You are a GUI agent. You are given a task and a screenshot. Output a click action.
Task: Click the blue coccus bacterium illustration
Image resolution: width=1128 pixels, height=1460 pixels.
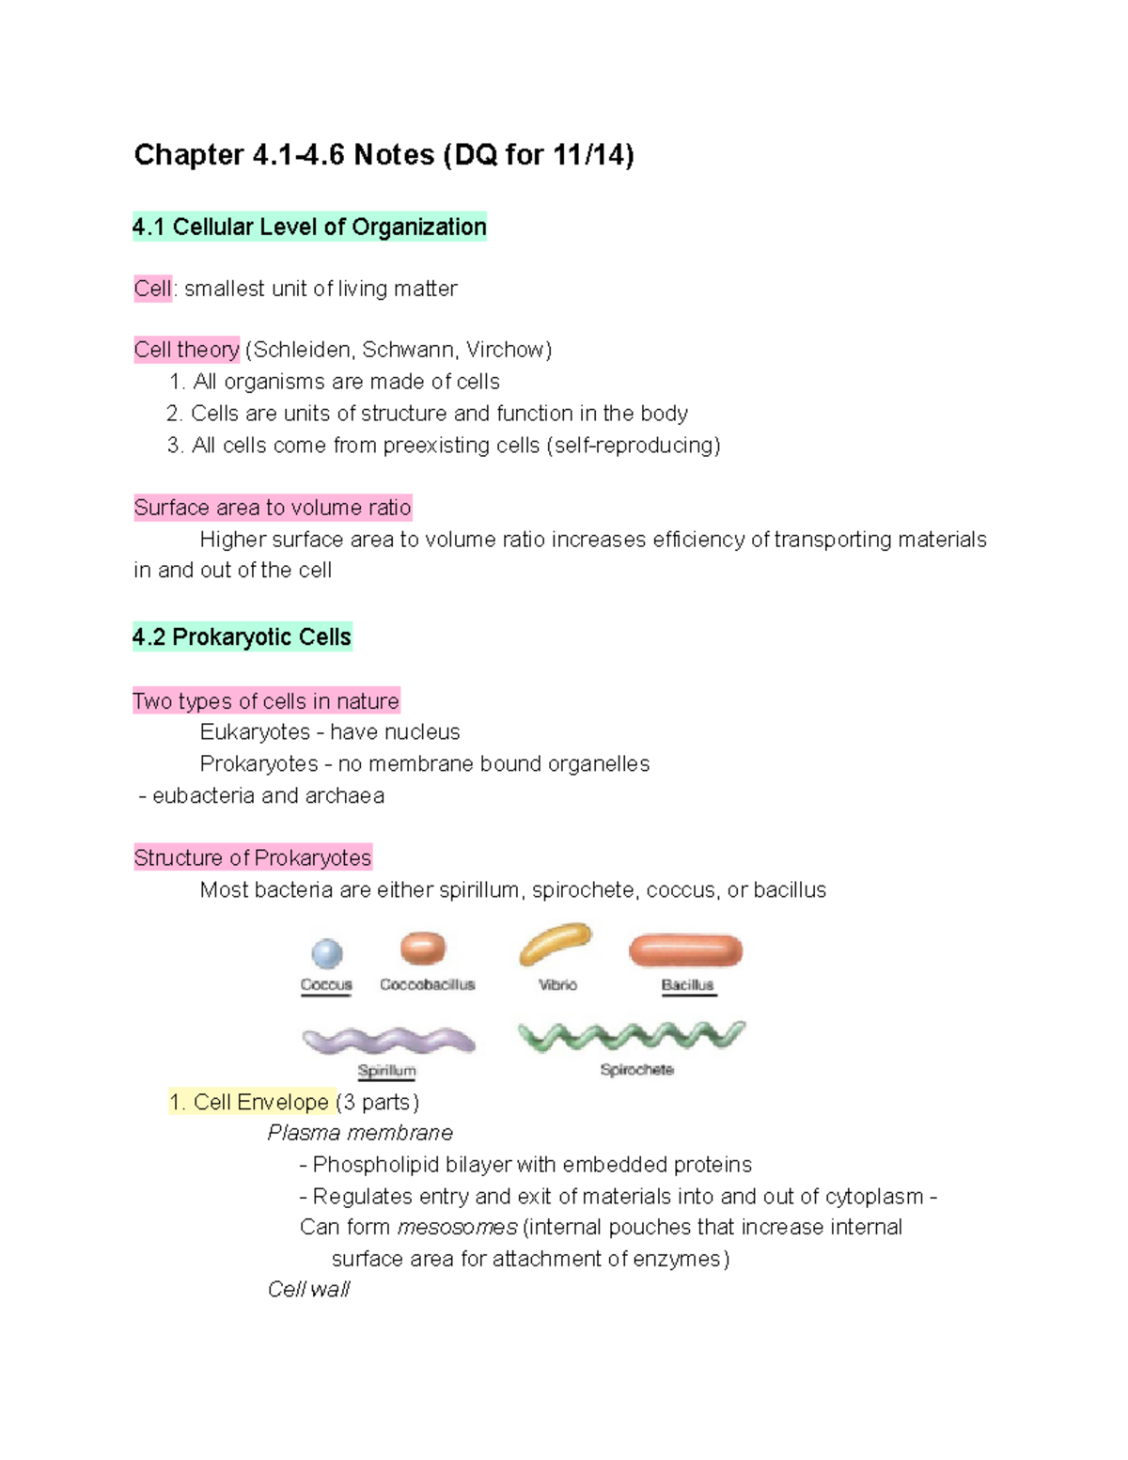click(x=327, y=953)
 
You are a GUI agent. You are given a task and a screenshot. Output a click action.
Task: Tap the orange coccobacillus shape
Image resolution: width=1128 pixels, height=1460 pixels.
click(x=423, y=948)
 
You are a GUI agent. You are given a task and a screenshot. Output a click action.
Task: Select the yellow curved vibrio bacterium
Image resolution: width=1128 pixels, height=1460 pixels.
click(x=555, y=944)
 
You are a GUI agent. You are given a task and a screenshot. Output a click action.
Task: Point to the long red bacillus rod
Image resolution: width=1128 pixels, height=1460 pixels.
click(x=686, y=950)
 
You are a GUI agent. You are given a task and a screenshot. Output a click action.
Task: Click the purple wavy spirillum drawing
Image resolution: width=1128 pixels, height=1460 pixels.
click(x=388, y=1041)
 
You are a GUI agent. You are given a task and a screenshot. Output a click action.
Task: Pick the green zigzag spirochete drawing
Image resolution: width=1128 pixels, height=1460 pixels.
click(x=632, y=1036)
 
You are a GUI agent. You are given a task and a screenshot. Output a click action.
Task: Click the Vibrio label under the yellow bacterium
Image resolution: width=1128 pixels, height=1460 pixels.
click(x=557, y=984)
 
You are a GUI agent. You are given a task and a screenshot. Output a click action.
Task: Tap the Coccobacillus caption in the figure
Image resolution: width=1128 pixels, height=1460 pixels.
click(x=428, y=984)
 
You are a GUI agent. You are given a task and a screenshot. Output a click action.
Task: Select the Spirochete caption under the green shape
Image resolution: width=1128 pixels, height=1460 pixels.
click(x=636, y=1070)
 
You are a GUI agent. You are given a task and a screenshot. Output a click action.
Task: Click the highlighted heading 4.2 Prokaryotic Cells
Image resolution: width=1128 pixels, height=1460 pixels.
click(x=243, y=637)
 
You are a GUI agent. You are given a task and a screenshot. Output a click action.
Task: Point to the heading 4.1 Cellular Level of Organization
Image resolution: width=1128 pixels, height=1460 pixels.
click(x=309, y=227)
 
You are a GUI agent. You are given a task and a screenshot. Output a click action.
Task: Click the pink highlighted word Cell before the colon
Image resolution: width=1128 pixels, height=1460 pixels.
click(x=152, y=289)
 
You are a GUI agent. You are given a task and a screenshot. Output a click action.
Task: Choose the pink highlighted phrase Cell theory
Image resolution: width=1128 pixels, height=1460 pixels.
click(x=186, y=350)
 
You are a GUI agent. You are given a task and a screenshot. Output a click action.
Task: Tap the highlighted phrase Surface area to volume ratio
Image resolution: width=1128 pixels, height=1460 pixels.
click(x=273, y=508)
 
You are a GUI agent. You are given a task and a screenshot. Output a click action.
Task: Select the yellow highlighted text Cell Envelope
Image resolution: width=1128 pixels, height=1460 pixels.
click(x=260, y=1102)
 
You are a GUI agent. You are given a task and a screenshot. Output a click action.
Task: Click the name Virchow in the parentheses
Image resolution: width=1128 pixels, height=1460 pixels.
click(x=505, y=350)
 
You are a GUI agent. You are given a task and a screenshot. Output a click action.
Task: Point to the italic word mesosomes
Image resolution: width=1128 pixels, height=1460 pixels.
click(x=457, y=1227)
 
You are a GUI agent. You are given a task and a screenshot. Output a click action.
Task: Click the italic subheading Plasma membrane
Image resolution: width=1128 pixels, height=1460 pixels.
click(x=360, y=1133)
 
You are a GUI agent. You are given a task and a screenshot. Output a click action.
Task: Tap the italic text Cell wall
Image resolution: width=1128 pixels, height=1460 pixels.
click(x=308, y=1289)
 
